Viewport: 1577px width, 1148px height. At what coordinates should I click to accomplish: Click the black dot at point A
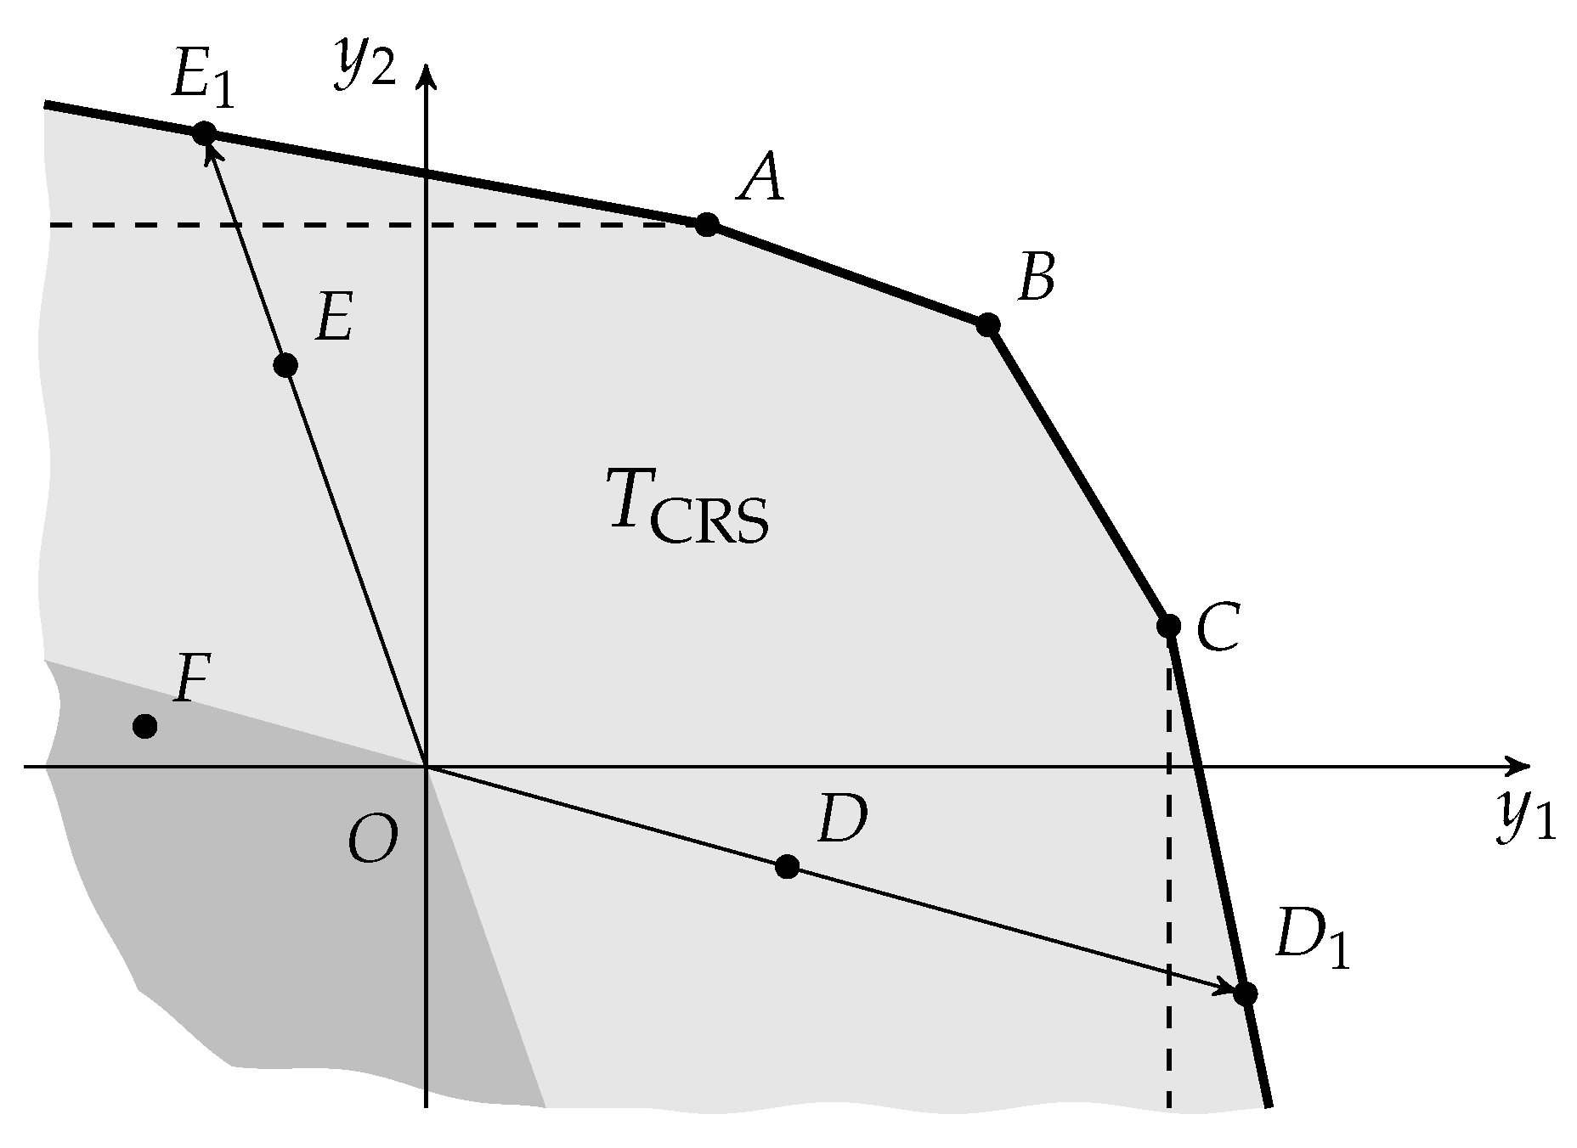coord(706,224)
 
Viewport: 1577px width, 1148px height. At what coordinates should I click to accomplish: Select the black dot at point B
coord(986,324)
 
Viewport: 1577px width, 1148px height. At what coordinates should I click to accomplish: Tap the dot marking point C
coord(1168,626)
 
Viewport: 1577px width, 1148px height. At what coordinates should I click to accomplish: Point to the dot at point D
coord(787,866)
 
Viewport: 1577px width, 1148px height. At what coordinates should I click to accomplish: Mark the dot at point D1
coord(1246,993)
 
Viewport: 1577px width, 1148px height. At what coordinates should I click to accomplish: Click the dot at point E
coord(286,365)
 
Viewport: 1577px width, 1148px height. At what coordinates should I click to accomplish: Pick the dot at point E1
coord(204,133)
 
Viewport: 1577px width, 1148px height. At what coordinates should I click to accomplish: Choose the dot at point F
coord(145,726)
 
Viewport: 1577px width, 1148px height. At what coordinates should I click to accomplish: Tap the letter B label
coord(1037,278)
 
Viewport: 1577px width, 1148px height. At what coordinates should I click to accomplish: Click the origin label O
coord(372,840)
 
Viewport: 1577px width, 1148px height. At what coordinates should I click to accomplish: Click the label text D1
coord(1310,943)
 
